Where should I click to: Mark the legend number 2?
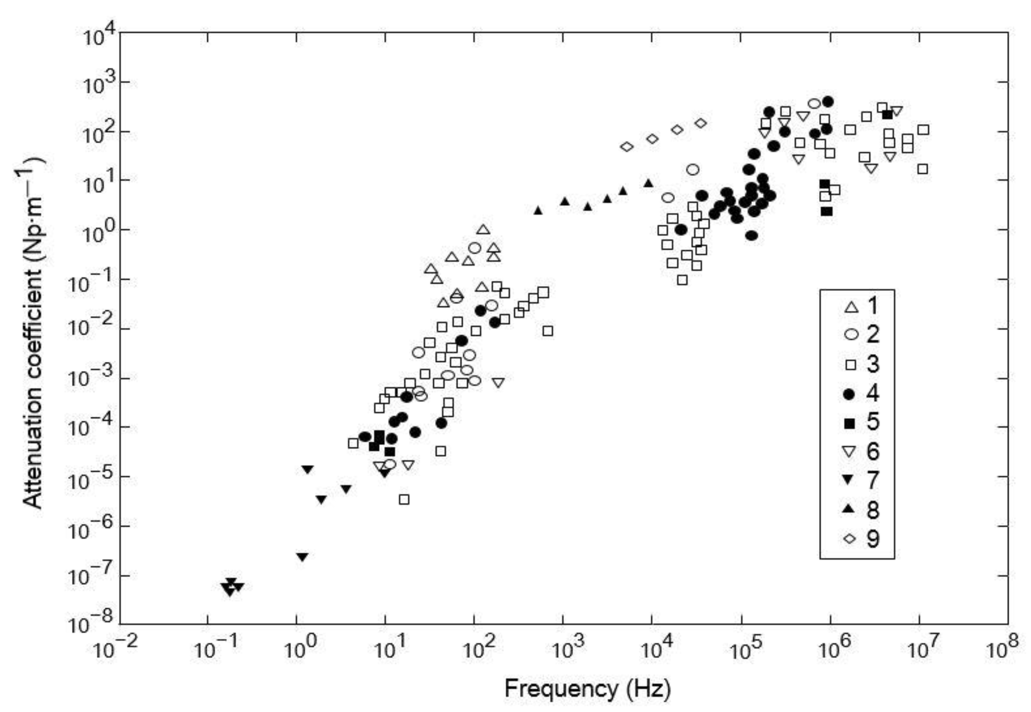tap(872, 335)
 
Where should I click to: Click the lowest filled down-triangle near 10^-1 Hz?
tap(229, 592)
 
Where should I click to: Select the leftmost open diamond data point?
tap(627, 147)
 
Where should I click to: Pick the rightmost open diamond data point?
tap(701, 123)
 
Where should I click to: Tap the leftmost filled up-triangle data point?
tap(538, 210)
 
